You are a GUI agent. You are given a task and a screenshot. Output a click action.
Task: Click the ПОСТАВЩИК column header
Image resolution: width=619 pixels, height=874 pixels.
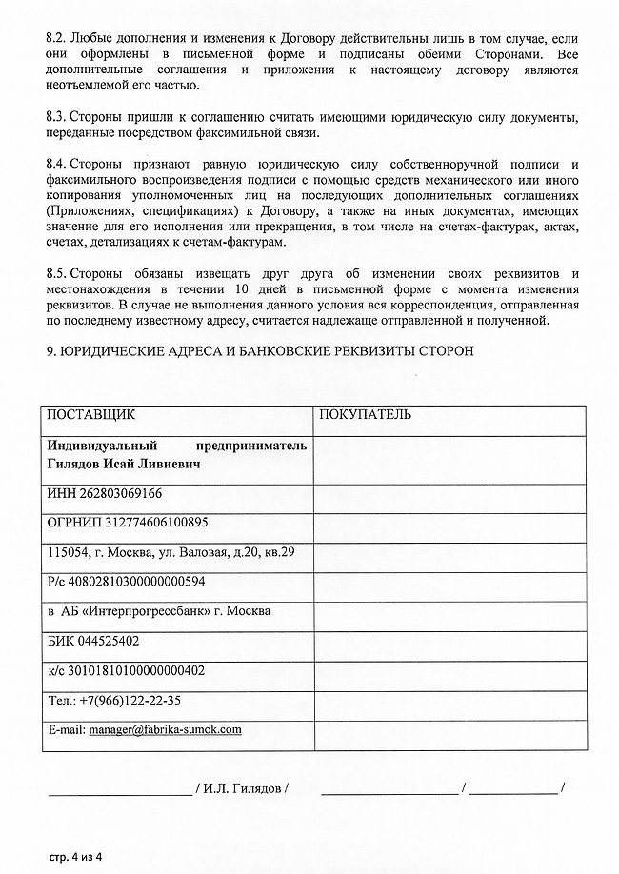coord(91,415)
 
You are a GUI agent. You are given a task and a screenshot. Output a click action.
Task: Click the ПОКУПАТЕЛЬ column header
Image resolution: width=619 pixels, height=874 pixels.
coord(366,415)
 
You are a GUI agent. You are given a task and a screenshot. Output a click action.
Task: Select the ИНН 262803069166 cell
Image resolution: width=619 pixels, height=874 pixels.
coord(104,494)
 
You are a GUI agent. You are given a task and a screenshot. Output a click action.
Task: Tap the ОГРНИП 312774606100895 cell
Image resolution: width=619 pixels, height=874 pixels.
coord(127,523)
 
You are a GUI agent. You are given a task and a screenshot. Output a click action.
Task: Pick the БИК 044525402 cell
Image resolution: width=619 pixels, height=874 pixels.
coord(92,641)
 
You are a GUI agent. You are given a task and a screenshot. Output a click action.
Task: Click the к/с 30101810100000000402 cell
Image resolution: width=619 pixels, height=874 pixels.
coord(125,670)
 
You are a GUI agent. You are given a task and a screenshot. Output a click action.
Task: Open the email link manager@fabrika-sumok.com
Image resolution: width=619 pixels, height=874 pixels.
coord(165,729)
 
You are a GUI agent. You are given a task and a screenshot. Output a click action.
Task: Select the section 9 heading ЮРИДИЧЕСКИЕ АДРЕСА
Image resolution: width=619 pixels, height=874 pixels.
coord(257,351)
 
